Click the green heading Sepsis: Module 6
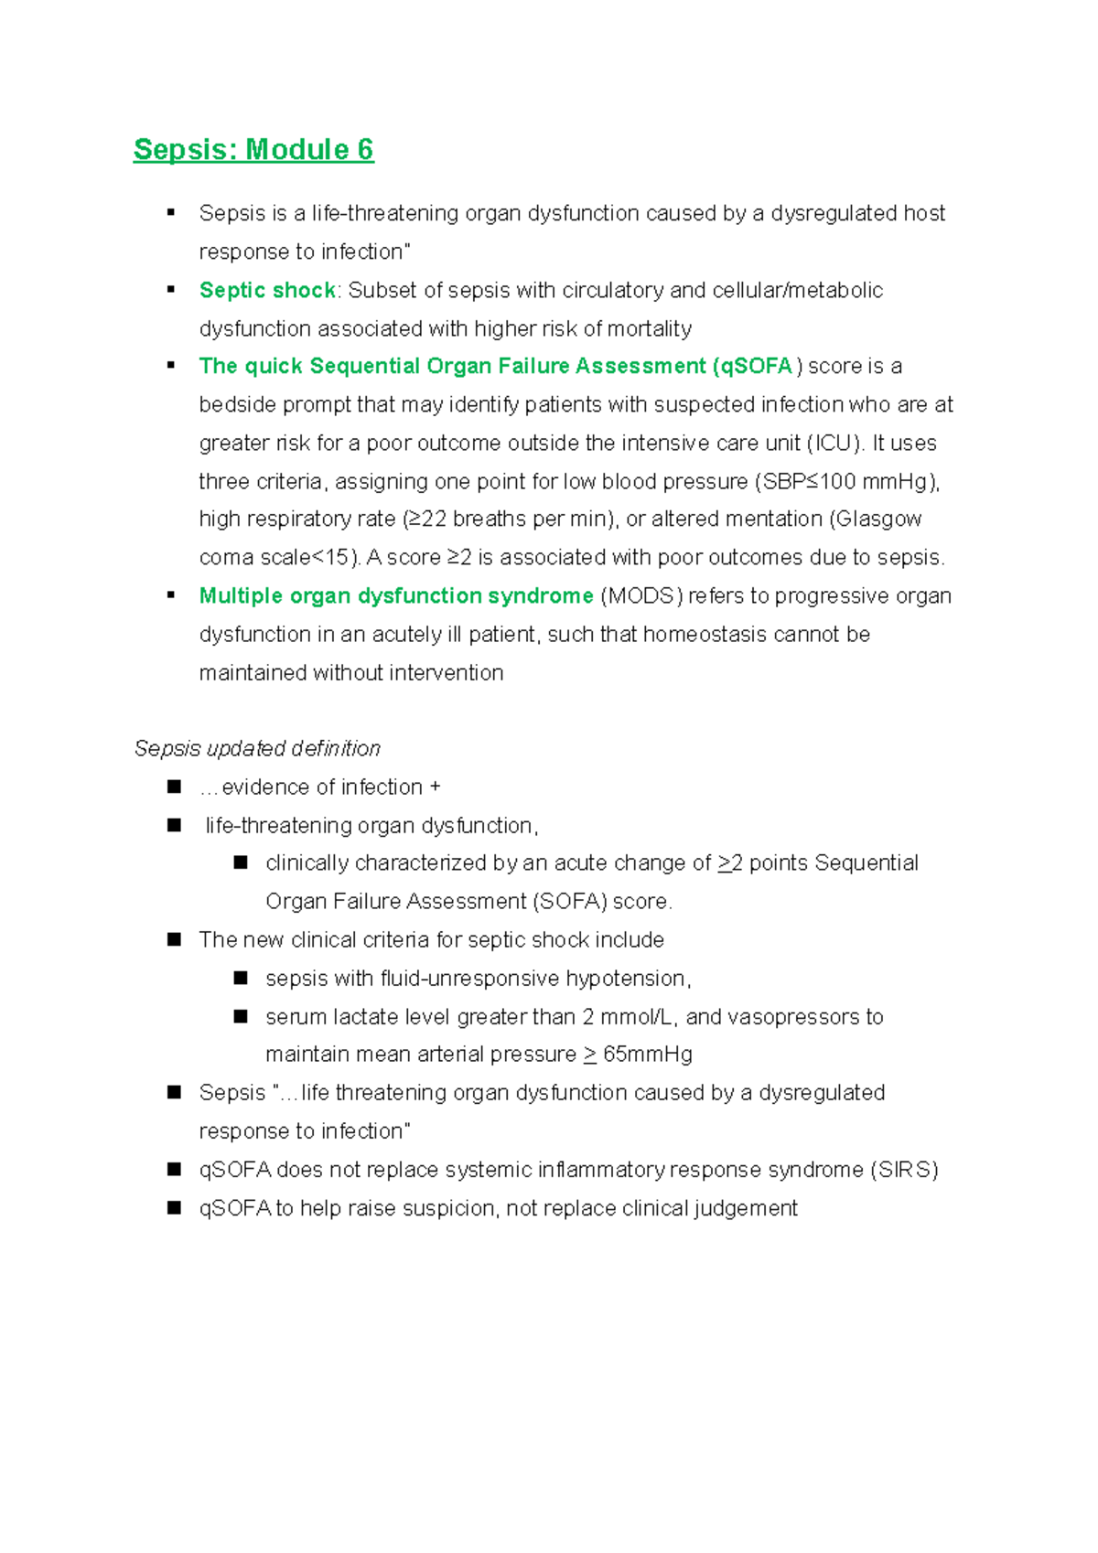point(253,149)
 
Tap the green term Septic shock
point(267,290)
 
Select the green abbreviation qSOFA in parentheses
point(757,366)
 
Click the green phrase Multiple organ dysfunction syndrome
point(396,595)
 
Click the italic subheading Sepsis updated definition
point(257,748)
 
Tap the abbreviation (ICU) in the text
point(834,443)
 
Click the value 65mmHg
point(647,1054)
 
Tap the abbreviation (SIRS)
point(904,1169)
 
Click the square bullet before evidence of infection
point(174,787)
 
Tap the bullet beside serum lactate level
point(241,1016)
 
